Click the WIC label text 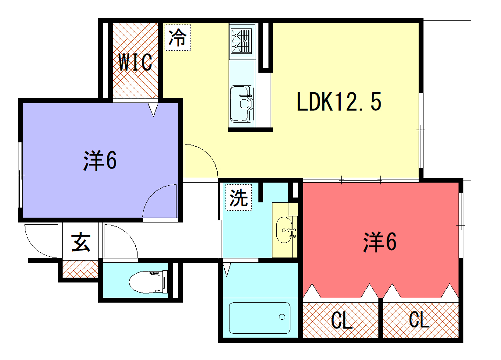coord(134,62)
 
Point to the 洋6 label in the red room coord(380,241)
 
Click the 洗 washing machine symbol coord(237,197)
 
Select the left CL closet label coord(340,321)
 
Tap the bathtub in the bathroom coord(259,318)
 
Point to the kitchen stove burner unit coord(243,41)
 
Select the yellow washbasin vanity coord(285,229)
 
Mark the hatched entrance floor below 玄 coord(79,267)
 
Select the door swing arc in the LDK coord(200,160)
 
